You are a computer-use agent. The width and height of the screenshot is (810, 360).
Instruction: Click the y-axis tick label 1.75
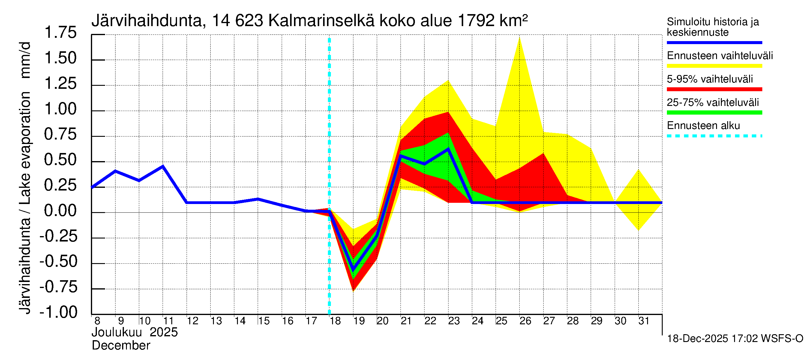60,33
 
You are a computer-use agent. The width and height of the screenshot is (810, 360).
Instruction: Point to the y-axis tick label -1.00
58,312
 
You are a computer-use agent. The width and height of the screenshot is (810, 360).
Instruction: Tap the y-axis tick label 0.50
60,160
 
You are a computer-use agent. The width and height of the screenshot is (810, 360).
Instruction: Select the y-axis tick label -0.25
58,236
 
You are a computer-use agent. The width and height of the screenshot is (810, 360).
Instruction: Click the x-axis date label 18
335,321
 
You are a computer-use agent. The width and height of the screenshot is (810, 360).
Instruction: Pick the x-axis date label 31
644,321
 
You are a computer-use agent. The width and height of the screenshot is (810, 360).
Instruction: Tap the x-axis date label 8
97,321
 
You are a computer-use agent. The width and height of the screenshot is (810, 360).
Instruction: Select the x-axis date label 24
478,321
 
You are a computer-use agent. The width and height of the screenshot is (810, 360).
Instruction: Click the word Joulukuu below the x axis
117,332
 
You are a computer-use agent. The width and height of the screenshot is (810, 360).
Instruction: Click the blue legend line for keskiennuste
714,42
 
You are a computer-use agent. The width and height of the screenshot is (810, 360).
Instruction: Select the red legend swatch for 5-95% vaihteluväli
714,89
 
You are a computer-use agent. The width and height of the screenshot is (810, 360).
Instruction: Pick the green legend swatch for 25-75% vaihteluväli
714,112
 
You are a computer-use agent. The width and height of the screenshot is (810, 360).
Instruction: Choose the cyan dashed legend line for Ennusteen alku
714,136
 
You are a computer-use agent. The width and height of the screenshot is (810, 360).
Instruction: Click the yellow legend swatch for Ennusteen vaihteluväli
714,66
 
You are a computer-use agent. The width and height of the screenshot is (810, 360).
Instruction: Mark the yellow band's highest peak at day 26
520,38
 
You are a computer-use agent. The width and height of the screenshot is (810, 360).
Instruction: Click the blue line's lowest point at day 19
353,270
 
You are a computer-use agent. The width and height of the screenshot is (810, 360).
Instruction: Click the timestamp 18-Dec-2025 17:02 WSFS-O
735,339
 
